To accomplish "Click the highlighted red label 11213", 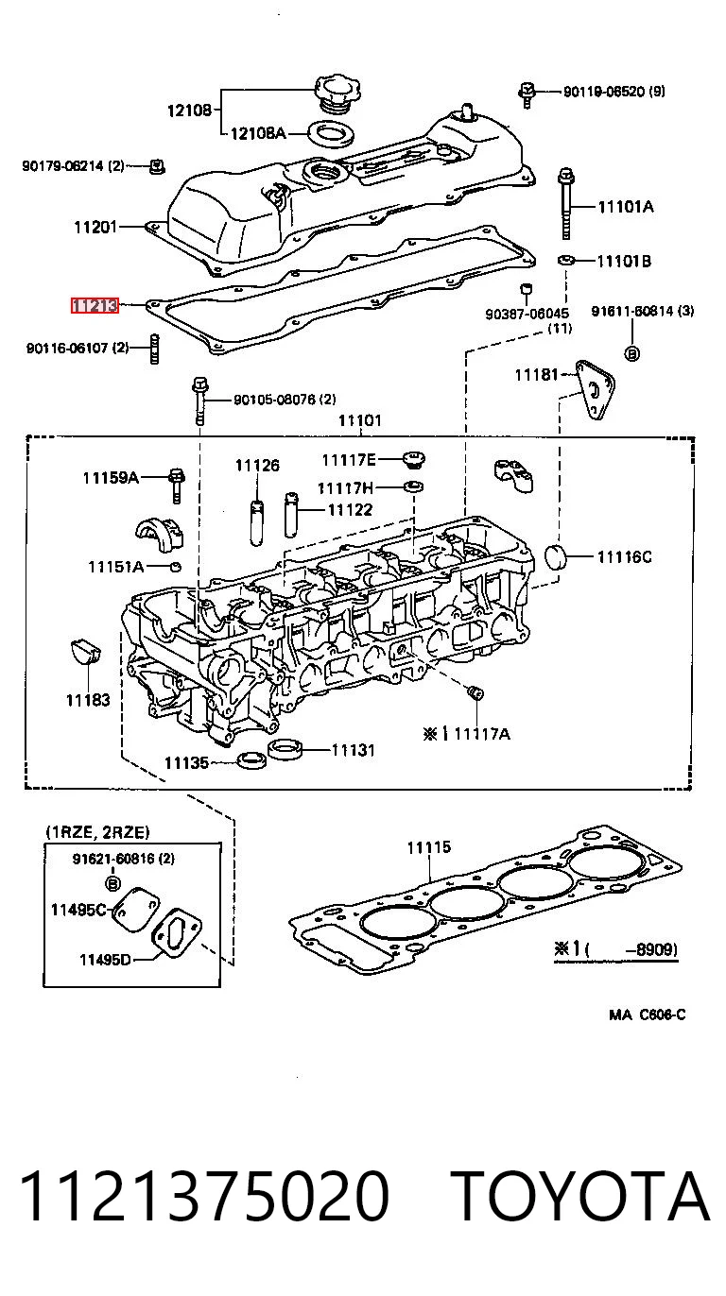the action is pos(95,305).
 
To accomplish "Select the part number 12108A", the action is pos(258,133).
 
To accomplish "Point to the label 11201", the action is pos(95,227).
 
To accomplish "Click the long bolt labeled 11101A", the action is pos(566,203).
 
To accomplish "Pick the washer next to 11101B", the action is pos(565,260).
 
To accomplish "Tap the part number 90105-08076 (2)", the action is pos(285,400).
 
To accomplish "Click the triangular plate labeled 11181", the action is pos(595,390).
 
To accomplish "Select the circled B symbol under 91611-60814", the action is pos(632,353).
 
